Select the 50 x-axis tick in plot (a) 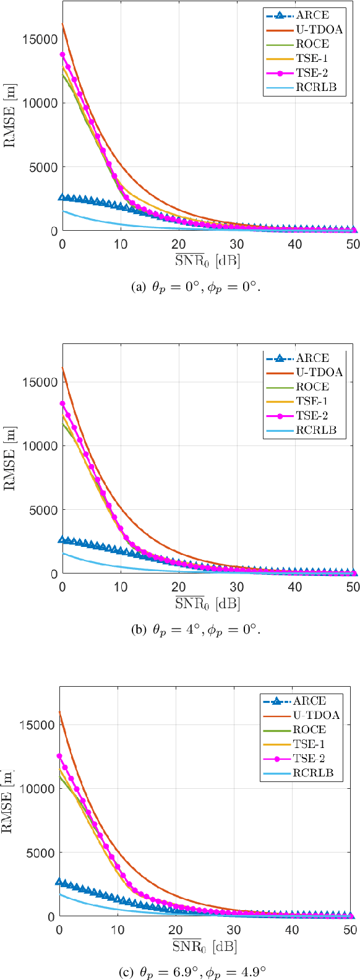[x=353, y=244]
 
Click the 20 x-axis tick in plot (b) [x=179, y=587]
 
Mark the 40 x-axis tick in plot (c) [x=292, y=929]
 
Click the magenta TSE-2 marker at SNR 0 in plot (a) [x=62, y=54]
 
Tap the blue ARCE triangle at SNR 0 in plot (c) [x=59, y=882]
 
